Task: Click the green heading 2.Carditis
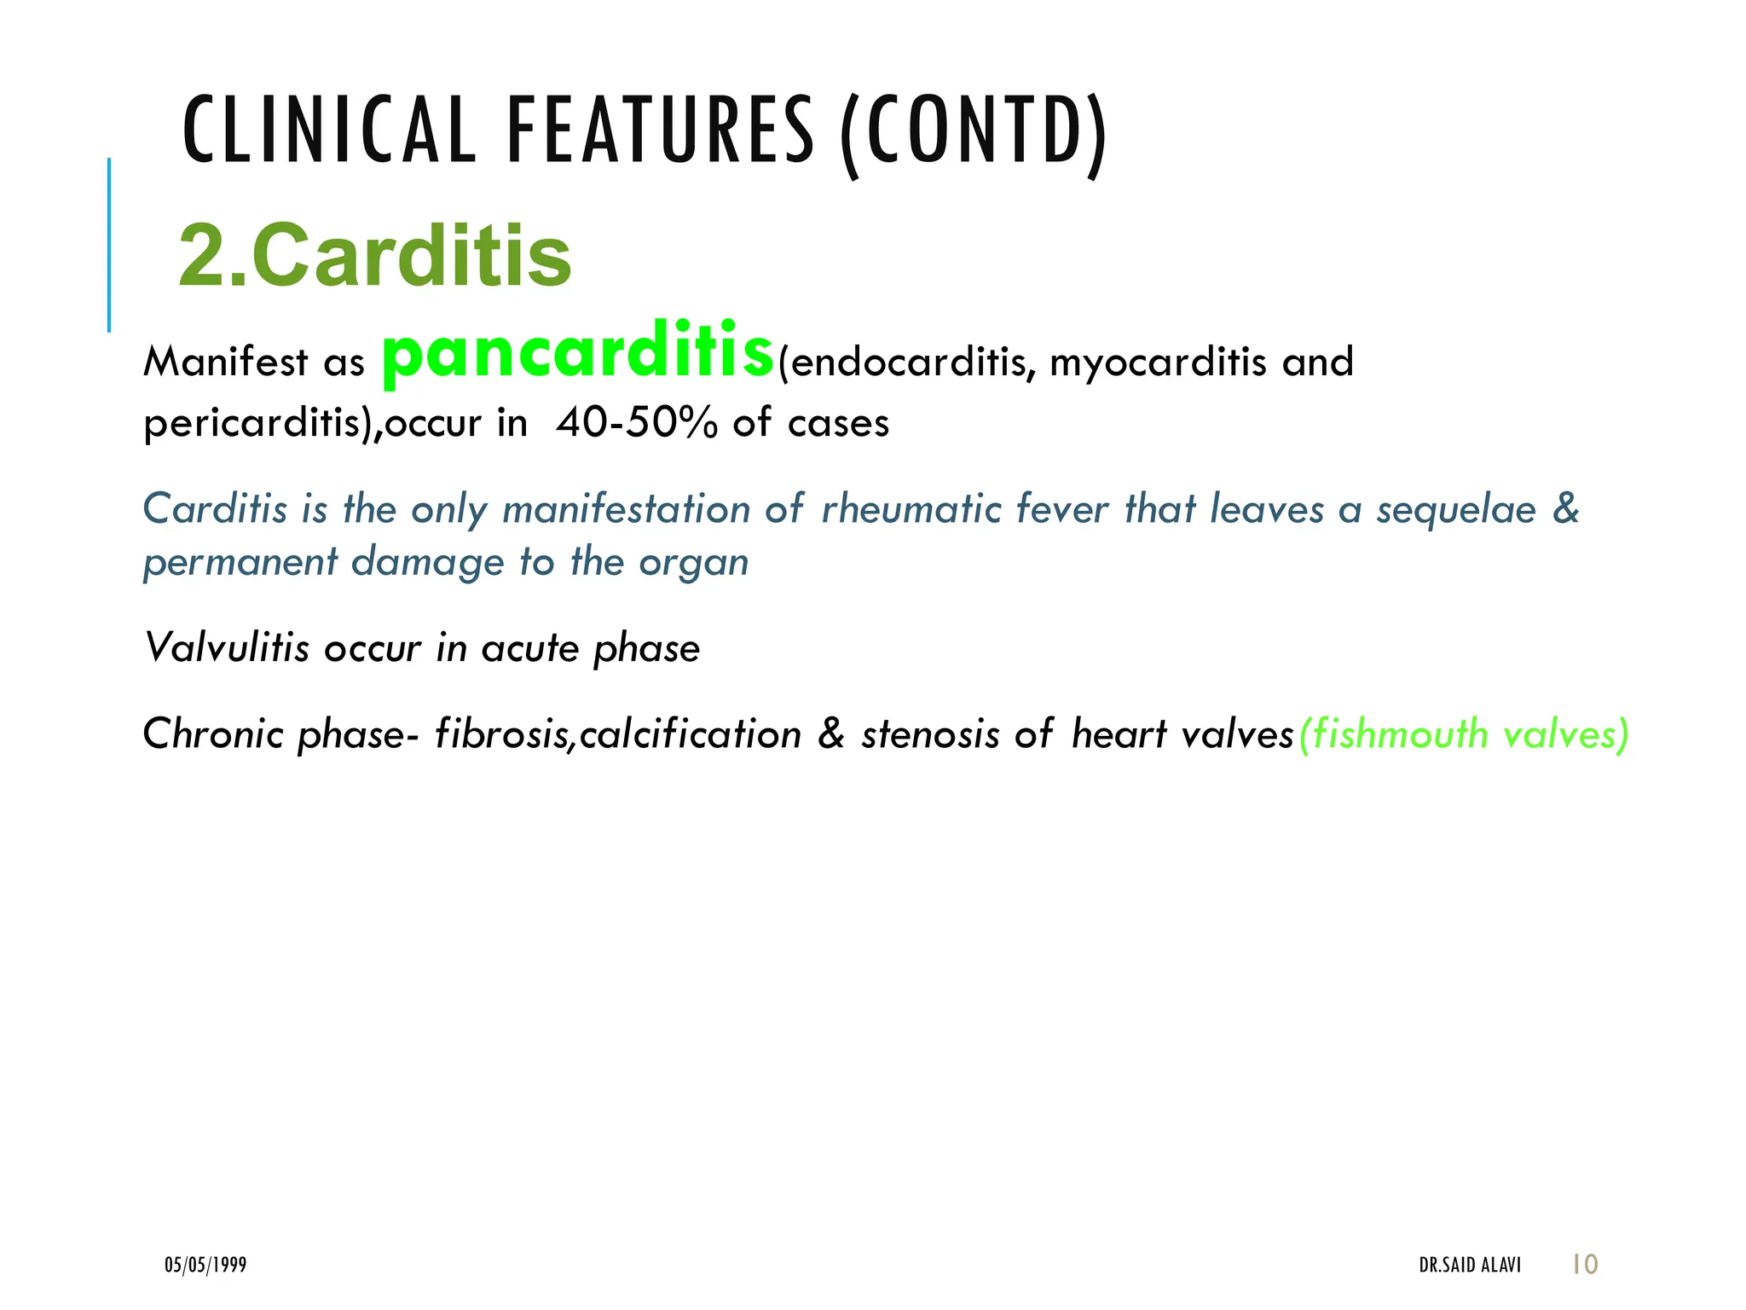(x=375, y=256)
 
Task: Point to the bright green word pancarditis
(x=578, y=351)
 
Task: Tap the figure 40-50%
(x=636, y=423)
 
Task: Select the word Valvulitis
(x=226, y=648)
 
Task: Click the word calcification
(x=690, y=733)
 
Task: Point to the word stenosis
(x=929, y=734)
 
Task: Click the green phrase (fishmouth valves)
(x=1463, y=734)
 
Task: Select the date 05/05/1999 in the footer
(x=205, y=1265)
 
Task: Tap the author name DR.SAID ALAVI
(x=1470, y=1265)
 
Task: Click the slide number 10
(x=1585, y=1264)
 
